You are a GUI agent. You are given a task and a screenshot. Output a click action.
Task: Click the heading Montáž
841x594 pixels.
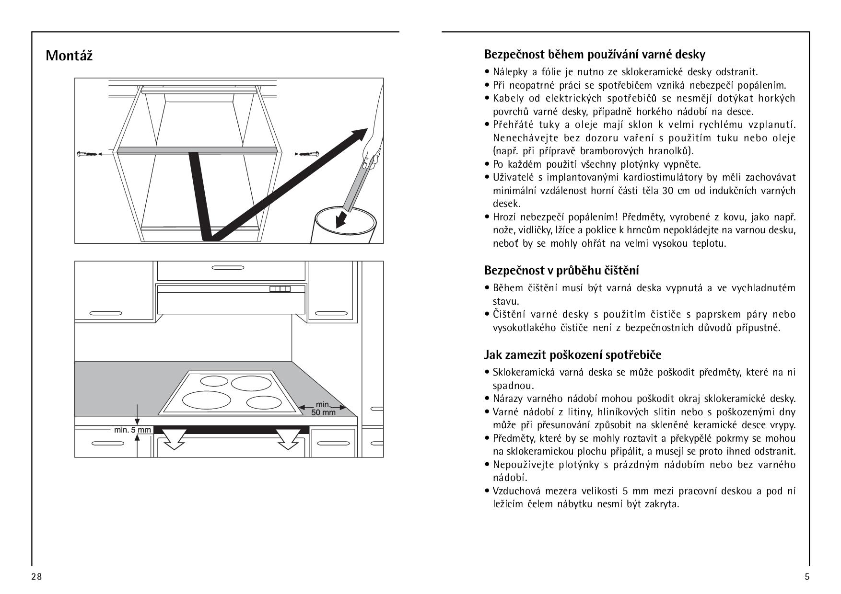click(x=69, y=56)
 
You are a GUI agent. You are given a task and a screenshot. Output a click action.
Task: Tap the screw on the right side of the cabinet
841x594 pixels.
click(x=307, y=154)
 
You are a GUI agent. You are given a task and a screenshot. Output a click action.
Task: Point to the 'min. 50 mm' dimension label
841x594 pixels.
click(x=323, y=408)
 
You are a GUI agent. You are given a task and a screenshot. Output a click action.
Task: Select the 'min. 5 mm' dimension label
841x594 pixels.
click(x=132, y=430)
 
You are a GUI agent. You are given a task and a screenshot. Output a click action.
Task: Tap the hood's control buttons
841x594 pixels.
click(x=280, y=289)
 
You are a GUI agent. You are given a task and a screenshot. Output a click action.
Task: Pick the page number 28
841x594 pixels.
click(x=36, y=576)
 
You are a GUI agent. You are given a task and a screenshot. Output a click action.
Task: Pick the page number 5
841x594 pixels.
click(x=806, y=576)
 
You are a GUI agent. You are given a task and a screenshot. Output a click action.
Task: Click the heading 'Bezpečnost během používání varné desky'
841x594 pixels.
click(x=595, y=54)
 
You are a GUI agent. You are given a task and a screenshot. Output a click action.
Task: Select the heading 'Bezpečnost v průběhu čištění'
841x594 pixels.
click(x=561, y=270)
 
